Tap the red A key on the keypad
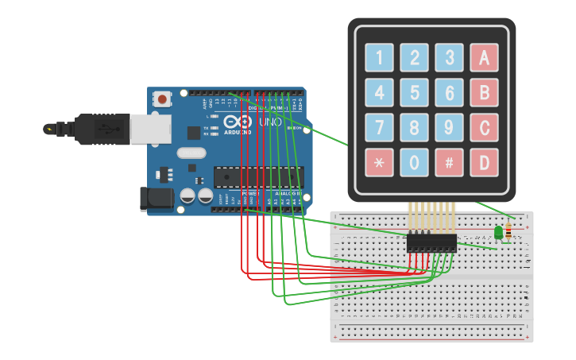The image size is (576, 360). (x=484, y=57)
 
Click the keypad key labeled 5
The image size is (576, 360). (x=414, y=92)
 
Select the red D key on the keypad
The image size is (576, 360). (x=484, y=162)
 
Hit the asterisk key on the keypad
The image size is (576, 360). (x=379, y=162)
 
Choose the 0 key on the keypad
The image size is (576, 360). (x=414, y=162)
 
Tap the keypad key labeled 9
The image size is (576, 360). (x=449, y=127)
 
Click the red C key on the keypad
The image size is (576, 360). (x=484, y=127)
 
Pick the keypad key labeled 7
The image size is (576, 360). (x=379, y=127)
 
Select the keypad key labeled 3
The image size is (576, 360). (x=449, y=57)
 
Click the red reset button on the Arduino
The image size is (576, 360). (x=163, y=99)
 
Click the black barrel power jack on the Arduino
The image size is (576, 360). (x=157, y=199)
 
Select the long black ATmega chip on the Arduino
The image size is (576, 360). (x=258, y=176)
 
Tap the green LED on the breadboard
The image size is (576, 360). (x=498, y=232)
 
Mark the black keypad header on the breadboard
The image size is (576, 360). (x=431, y=243)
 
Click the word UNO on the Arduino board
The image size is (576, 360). (x=270, y=123)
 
